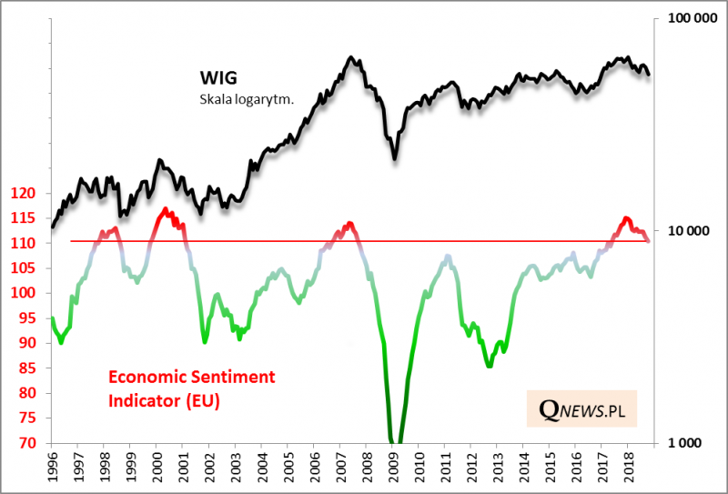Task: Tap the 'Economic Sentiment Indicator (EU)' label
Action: [191, 387]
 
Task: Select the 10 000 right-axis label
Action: [679, 231]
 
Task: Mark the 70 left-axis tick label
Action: [27, 443]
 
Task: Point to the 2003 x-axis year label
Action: [236, 467]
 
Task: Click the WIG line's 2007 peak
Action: [352, 56]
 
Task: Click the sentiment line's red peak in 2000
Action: [165, 209]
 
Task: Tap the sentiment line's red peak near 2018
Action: [626, 217]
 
